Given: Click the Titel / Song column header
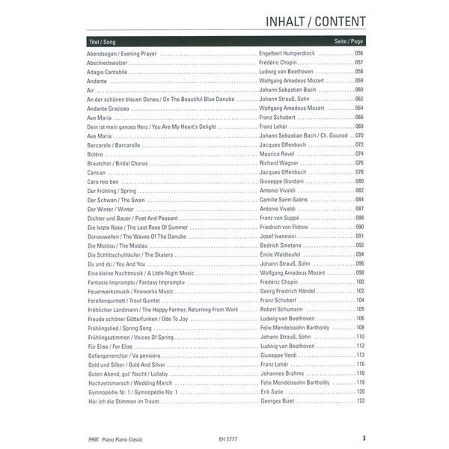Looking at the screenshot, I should point(102,42).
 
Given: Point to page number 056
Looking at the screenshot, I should point(359,54).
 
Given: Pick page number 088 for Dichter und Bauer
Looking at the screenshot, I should point(359,218).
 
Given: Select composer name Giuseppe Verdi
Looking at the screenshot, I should point(278,355).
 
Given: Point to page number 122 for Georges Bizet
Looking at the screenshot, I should point(359,400).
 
